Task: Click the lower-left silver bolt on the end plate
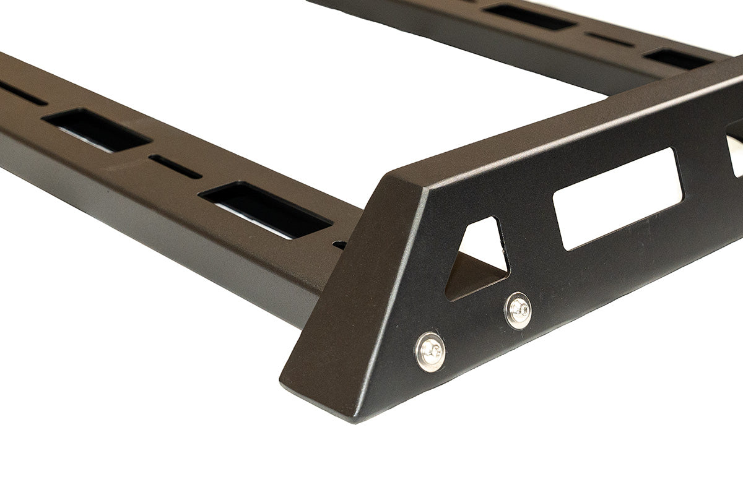pos(430,351)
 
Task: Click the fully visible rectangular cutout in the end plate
pos(618,198)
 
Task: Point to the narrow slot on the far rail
pos(610,40)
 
